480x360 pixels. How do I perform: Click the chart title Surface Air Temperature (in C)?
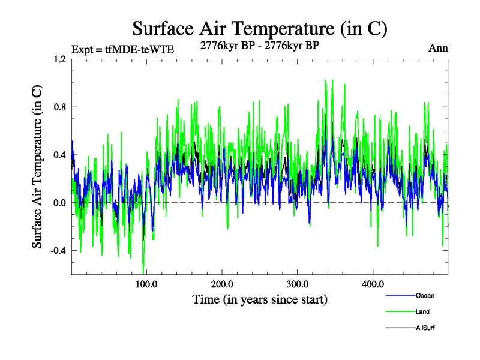[259, 28]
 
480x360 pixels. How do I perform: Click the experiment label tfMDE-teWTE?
[122, 50]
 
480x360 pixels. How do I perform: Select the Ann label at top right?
[438, 48]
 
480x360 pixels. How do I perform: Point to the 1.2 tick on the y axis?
[59, 59]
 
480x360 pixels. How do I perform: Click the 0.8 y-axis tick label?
[59, 107]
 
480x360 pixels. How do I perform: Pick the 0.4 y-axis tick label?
[59, 155]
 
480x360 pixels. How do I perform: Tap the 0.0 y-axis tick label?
[59, 203]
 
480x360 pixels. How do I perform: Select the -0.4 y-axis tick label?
[58, 251]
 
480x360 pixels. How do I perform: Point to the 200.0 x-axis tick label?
[222, 284]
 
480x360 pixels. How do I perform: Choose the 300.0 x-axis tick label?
[298, 284]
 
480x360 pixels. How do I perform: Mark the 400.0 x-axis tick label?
[373, 284]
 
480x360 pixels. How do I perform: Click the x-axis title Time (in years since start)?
[260, 299]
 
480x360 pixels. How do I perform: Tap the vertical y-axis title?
[37, 167]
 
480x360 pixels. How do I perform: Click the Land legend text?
[422, 311]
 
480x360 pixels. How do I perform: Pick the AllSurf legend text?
[425, 328]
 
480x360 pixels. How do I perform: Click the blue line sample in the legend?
[400, 295]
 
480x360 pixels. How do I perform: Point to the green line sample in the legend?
[400, 311]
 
